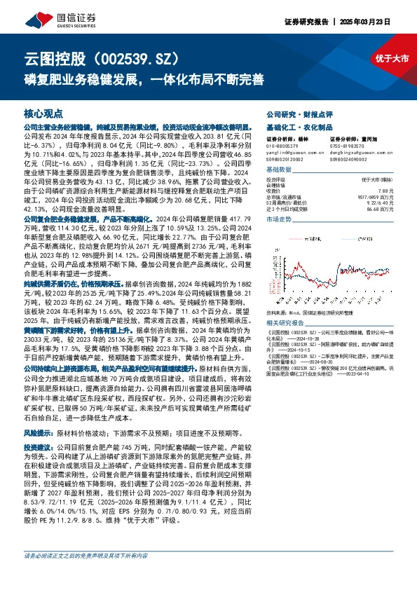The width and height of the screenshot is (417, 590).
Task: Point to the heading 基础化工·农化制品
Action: pos(294,128)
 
